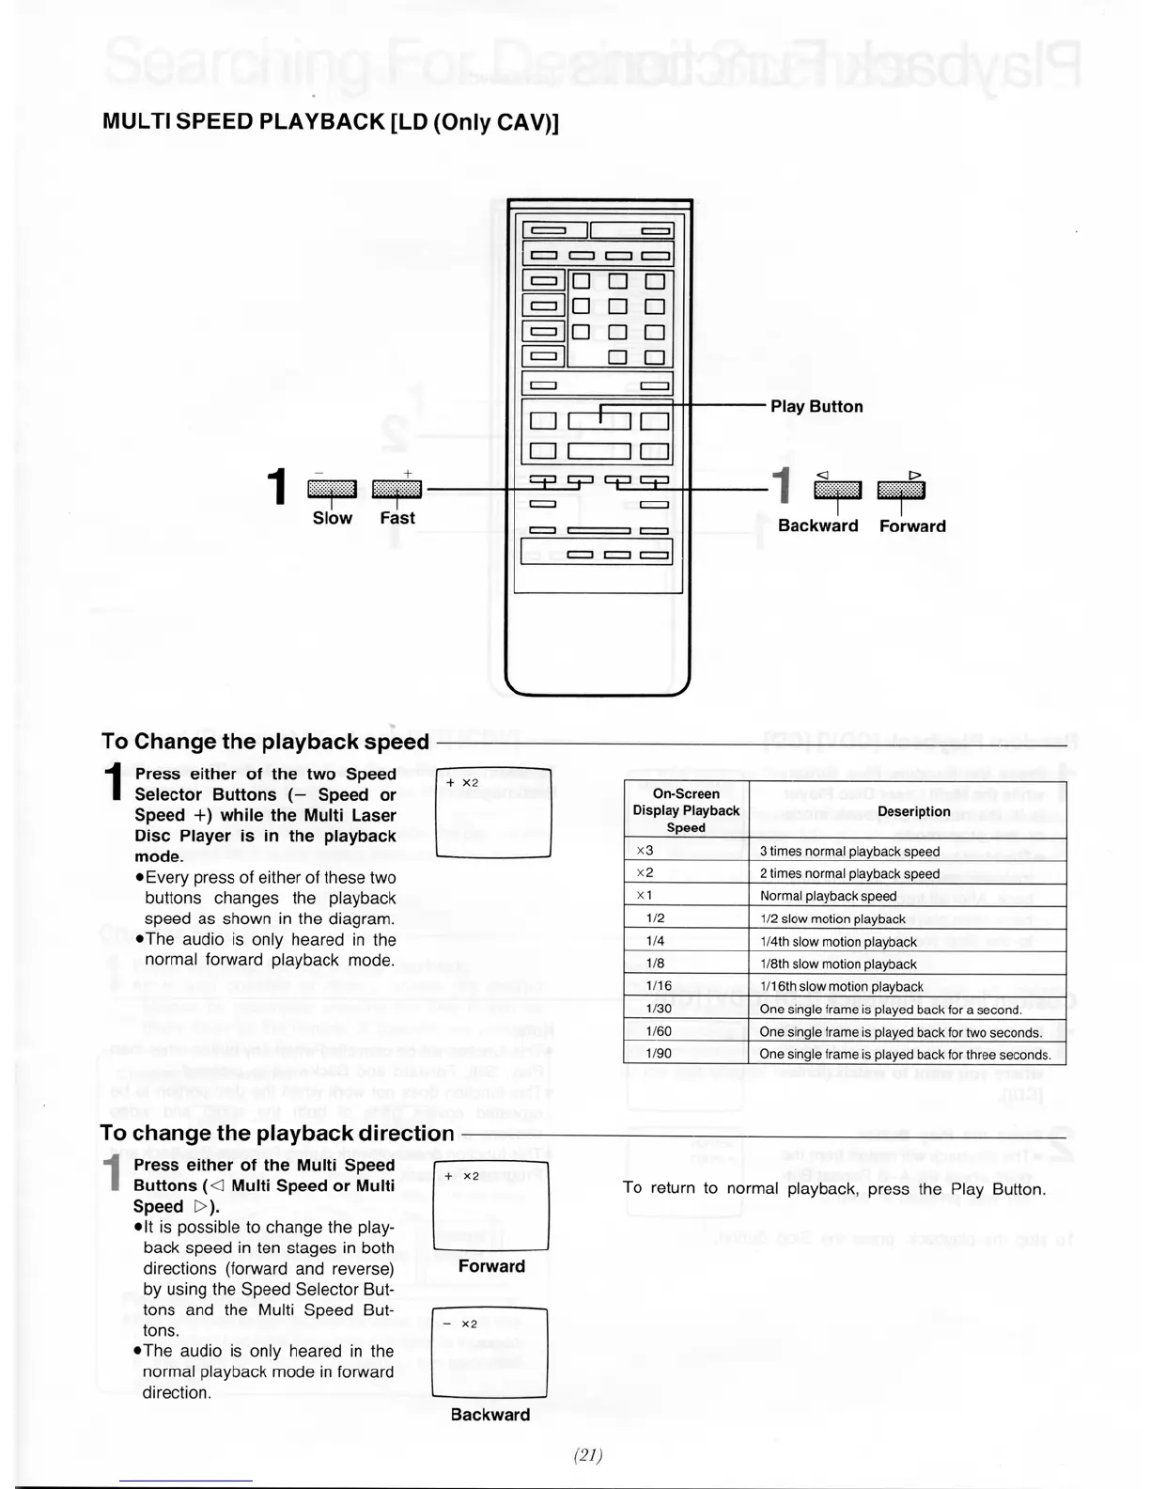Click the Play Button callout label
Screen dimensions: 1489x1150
(816, 406)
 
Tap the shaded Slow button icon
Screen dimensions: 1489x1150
(332, 488)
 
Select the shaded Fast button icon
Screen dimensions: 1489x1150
(396, 488)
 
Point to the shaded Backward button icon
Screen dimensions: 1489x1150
(837, 489)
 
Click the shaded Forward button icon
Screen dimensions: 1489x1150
(900, 489)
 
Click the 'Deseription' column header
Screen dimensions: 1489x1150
(913, 811)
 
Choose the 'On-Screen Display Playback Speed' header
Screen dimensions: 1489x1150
(686, 810)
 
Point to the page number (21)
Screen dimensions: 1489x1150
(588, 1455)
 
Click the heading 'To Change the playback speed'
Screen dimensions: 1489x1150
(265, 742)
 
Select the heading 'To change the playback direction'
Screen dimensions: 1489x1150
(277, 1134)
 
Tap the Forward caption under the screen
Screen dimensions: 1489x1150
(491, 1266)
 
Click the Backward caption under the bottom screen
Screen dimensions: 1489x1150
(490, 1415)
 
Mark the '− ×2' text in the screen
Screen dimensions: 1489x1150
(460, 1324)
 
